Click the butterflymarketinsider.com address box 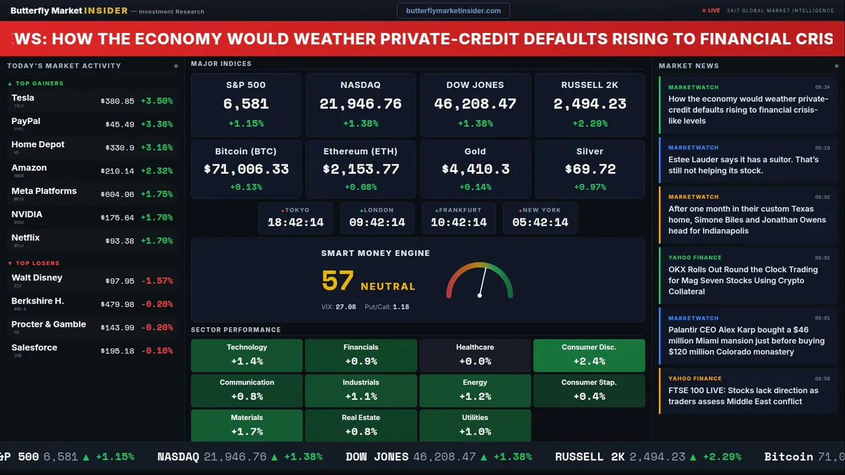453,11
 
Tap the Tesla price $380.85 118,102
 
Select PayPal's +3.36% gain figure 156,125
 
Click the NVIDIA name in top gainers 27,214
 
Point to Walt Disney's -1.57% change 156,281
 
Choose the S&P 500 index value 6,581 246,104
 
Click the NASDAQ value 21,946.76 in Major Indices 360,104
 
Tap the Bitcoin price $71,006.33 246,170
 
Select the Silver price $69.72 590,170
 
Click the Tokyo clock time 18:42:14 296,222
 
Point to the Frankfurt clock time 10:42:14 459,222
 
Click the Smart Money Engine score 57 338,281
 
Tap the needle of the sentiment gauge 483,281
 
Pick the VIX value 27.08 345,307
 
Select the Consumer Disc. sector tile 589,355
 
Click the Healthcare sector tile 475,355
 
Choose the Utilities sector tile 475,426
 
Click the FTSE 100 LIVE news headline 743,396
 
